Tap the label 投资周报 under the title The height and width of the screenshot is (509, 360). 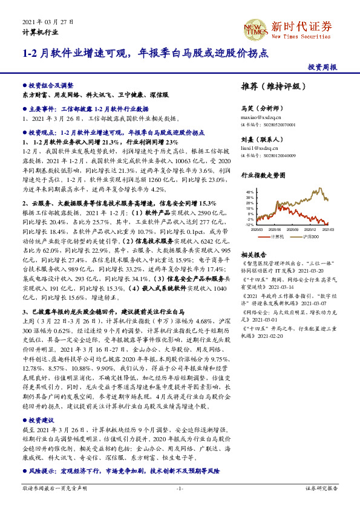click(322, 68)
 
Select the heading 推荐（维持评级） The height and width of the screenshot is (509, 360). click(267, 86)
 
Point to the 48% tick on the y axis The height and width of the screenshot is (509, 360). click(250, 191)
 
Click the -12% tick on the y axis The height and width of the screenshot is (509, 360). click(249, 224)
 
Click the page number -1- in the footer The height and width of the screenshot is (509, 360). click(180, 488)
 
